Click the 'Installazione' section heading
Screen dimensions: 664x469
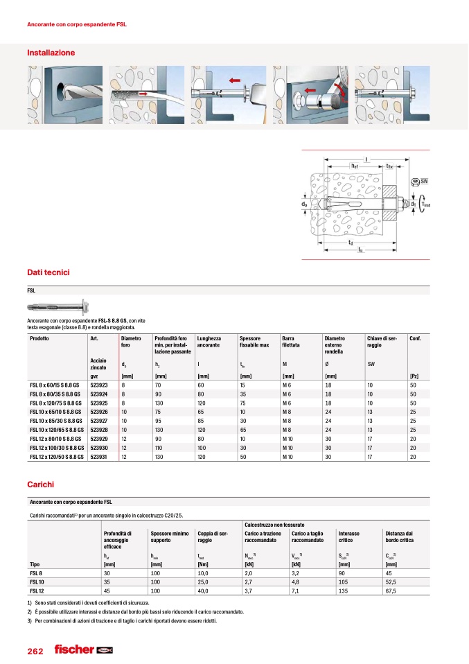pos(51,53)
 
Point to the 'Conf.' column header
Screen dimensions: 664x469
pos(416,338)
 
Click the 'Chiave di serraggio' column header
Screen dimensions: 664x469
pos(383,341)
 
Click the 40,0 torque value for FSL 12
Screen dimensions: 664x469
pos(206,591)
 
